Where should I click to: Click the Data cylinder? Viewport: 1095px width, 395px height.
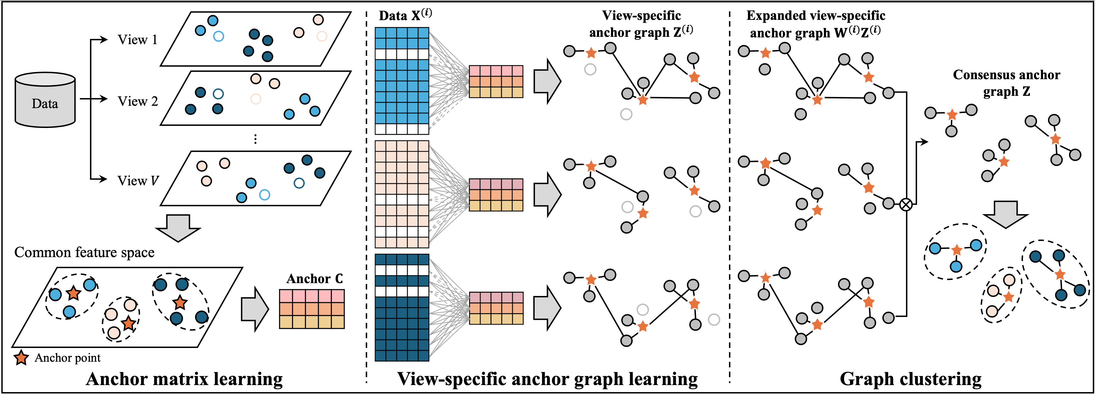click(45, 100)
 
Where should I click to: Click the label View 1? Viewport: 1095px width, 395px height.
click(137, 40)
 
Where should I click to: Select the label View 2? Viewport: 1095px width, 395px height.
click(137, 101)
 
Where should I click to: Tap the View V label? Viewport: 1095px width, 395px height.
click(138, 181)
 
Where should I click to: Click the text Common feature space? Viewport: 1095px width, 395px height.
click(84, 252)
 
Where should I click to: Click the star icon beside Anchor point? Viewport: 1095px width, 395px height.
click(21, 358)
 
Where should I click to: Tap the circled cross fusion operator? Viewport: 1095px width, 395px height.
click(906, 205)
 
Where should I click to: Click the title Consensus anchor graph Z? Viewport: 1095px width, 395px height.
click(1006, 83)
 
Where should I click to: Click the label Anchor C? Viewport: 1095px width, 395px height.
click(314, 279)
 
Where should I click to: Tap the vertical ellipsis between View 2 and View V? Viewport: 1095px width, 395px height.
click(255, 139)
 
